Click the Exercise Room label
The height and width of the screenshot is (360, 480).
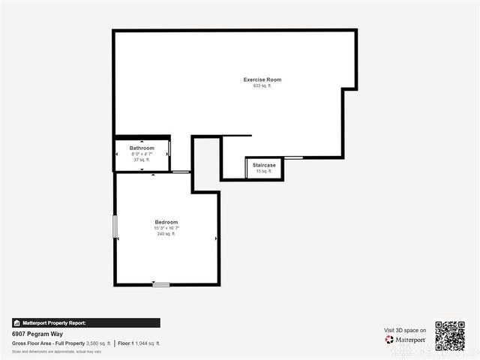point(262,79)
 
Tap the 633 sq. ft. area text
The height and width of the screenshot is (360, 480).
point(262,86)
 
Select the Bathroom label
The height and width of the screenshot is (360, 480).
point(142,148)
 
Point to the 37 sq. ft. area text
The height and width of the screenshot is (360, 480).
point(142,160)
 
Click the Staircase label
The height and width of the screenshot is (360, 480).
point(264,164)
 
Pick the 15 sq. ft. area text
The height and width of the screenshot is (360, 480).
point(264,171)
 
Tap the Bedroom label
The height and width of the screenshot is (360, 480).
point(166,222)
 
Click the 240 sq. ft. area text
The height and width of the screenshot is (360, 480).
point(166,234)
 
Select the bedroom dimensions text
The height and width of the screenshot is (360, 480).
point(166,228)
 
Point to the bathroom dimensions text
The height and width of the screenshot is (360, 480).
point(142,154)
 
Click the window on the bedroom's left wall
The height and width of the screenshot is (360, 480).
point(115,226)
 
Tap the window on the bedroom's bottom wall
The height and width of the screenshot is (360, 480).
point(160,284)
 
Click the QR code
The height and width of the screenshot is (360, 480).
point(450,336)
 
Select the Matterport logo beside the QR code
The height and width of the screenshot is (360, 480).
point(406,340)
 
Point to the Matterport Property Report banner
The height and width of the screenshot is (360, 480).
point(85,322)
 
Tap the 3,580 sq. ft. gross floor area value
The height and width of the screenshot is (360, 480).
point(98,343)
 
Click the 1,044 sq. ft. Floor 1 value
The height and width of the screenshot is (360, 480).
point(147,343)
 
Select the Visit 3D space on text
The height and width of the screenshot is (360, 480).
point(405,330)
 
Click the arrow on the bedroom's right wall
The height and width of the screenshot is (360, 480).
point(216,239)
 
